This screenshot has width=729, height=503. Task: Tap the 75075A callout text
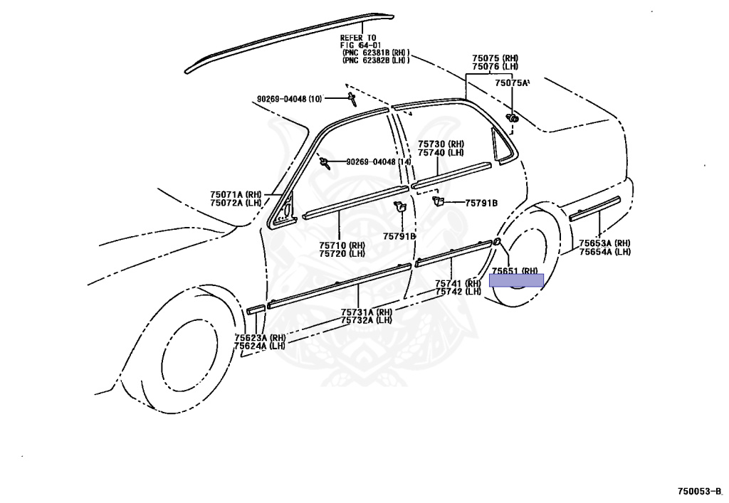[x=512, y=83]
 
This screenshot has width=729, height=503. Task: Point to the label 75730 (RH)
[x=441, y=144]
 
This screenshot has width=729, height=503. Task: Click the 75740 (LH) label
[x=441, y=152]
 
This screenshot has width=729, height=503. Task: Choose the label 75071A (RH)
[x=236, y=194]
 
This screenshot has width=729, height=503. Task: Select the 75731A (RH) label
[x=366, y=312]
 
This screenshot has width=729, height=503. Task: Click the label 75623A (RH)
[x=260, y=337]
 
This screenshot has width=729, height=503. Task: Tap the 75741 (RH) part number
[x=458, y=283]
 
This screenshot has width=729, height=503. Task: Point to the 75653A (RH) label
[x=604, y=243]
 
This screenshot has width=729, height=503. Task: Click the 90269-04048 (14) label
[x=379, y=162]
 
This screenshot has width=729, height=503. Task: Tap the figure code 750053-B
[x=699, y=491]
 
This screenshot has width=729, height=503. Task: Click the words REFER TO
[x=357, y=38]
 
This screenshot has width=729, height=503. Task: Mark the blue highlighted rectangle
[x=516, y=280]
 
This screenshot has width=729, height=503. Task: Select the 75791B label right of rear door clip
[x=481, y=203]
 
